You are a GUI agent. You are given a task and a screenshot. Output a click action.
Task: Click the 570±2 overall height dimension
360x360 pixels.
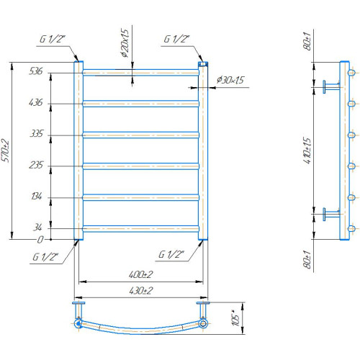[x=5, y=150]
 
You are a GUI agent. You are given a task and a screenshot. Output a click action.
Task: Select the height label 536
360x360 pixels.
[x=35, y=71]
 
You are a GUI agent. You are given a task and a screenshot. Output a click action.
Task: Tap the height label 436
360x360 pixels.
[x=35, y=102]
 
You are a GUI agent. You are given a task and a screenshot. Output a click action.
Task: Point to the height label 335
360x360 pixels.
[x=36, y=133]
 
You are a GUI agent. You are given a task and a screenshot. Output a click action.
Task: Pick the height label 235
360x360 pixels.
[x=36, y=165]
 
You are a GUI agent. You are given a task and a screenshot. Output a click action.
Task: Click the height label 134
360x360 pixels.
[x=37, y=197]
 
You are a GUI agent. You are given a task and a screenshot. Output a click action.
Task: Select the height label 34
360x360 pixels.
[x=37, y=227]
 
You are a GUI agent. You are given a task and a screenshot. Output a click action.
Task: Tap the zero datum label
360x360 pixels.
[x=40, y=240]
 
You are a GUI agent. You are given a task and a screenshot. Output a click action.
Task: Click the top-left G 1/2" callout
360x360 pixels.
[x=52, y=39]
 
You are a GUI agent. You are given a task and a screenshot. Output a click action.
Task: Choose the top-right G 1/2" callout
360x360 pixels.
[x=176, y=39]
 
